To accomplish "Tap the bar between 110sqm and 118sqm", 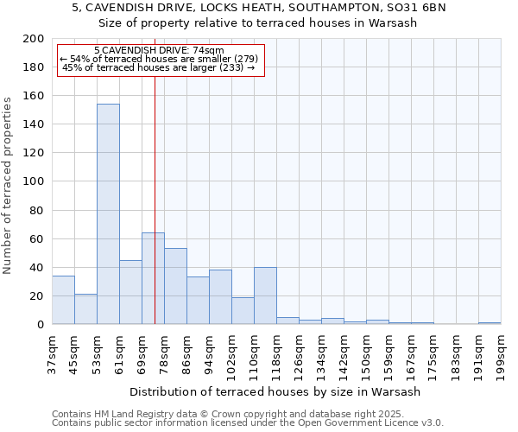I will (x=265, y=295).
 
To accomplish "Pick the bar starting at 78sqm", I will (x=175, y=286).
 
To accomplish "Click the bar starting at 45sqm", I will (x=85, y=309).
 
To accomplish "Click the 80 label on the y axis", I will (x=37, y=210).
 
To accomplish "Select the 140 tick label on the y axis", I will (x=34, y=124).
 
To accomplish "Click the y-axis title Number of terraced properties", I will (x=9, y=185).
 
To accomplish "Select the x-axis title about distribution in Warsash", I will (x=275, y=391).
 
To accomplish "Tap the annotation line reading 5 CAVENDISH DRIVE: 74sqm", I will (x=159, y=51).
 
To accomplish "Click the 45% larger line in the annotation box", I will (x=159, y=67).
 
